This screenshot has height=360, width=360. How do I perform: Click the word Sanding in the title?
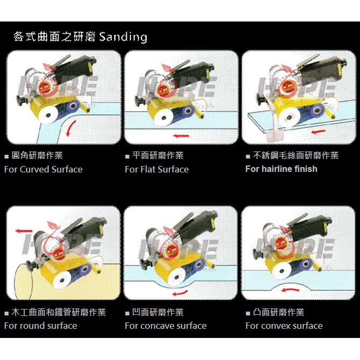point(123,37)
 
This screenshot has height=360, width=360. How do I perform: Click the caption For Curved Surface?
point(43,169)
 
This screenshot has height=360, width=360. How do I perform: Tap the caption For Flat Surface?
point(156,169)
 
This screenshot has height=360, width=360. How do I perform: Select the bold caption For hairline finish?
point(281,169)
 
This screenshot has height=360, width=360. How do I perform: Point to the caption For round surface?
point(40,326)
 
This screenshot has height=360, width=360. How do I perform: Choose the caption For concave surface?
point(165,326)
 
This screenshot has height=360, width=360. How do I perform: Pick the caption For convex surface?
point(284,326)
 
